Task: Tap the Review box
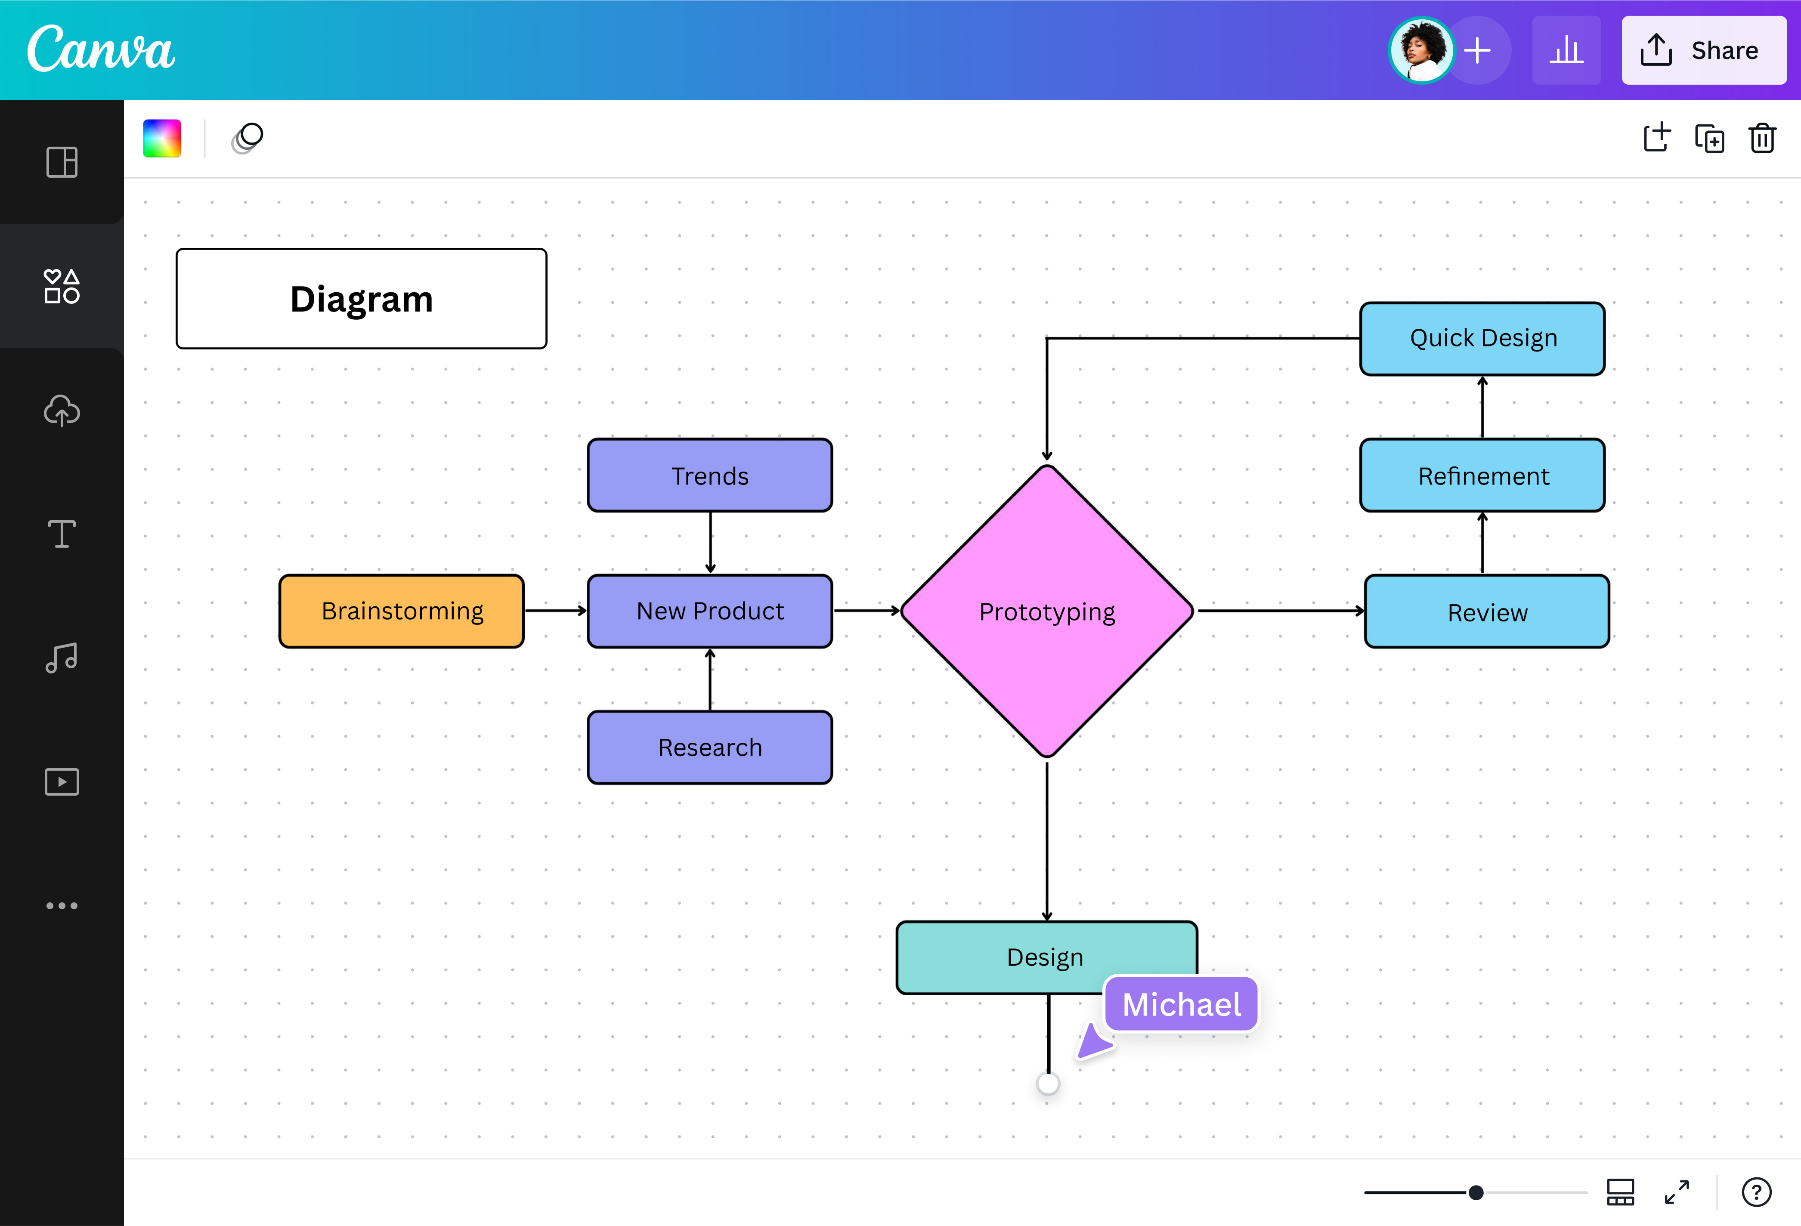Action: pos(1486,612)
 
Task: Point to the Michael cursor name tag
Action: pos(1181,1004)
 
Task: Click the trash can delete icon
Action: pos(1761,139)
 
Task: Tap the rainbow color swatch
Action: pos(162,139)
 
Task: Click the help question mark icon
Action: pos(1756,1192)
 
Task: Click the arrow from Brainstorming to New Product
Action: pos(555,611)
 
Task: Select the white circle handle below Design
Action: pos(1048,1084)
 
